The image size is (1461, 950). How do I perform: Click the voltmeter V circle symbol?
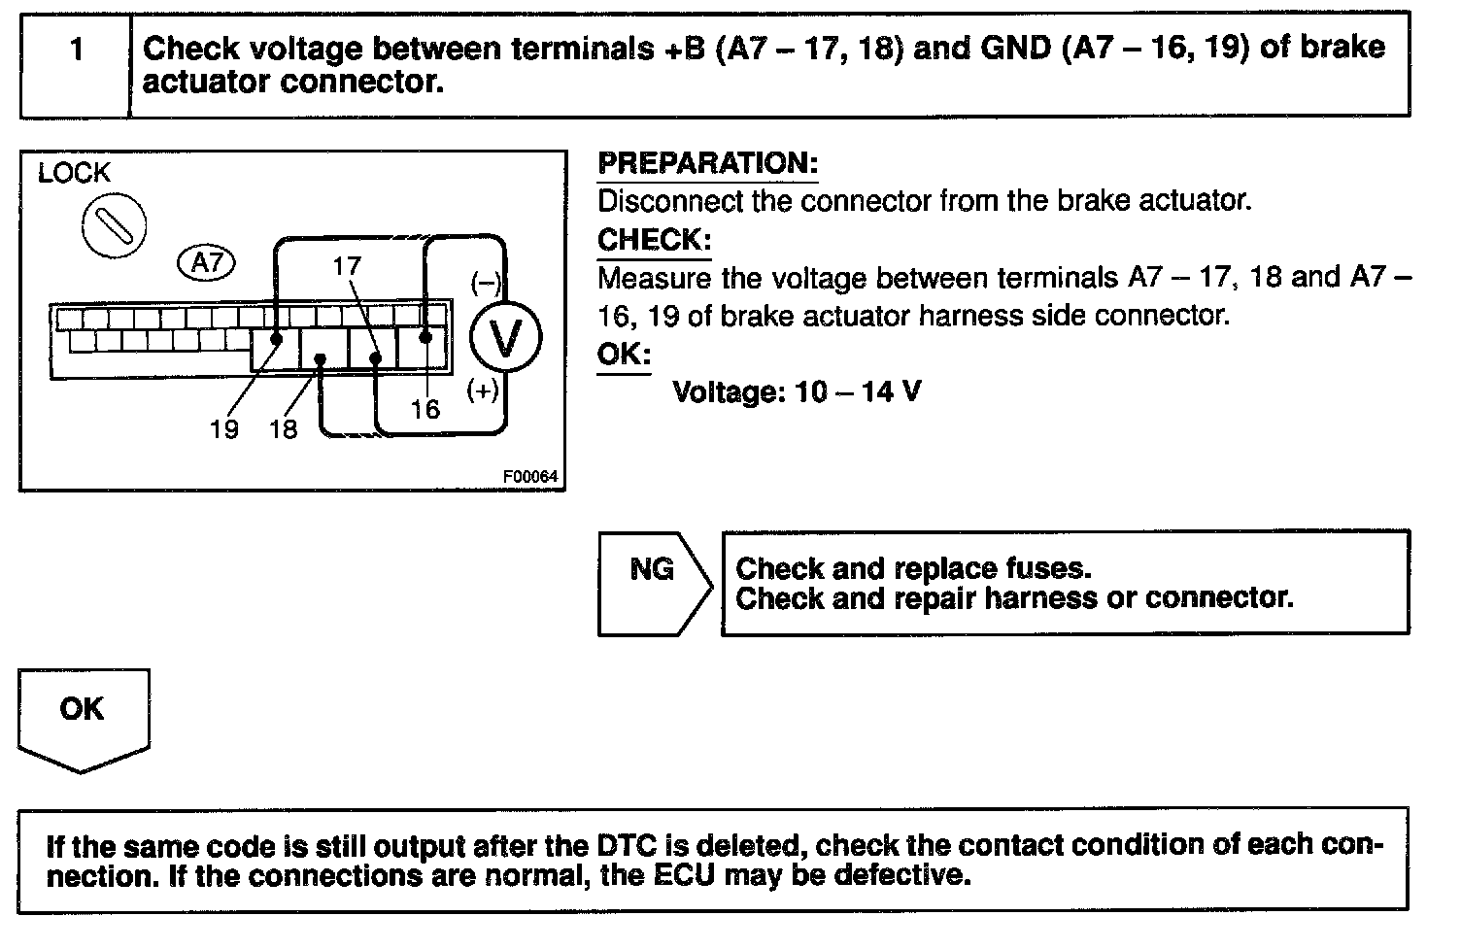505,337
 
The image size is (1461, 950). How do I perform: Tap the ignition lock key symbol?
114,225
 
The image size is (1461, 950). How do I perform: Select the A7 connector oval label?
207,262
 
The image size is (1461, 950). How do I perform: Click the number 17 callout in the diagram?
346,265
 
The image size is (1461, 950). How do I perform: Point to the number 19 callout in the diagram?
223,428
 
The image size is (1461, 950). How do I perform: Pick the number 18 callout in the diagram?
283,428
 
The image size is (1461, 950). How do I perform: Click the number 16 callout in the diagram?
425,409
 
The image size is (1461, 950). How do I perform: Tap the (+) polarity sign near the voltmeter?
483,390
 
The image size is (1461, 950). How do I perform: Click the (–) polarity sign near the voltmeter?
485,283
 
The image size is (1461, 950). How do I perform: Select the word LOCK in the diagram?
74,174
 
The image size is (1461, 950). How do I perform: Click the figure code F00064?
530,477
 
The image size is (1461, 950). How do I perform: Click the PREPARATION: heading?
707,163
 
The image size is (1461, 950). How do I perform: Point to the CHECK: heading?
654,240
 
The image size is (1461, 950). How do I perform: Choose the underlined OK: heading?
623,354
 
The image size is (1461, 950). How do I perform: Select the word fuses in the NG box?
1052,568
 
